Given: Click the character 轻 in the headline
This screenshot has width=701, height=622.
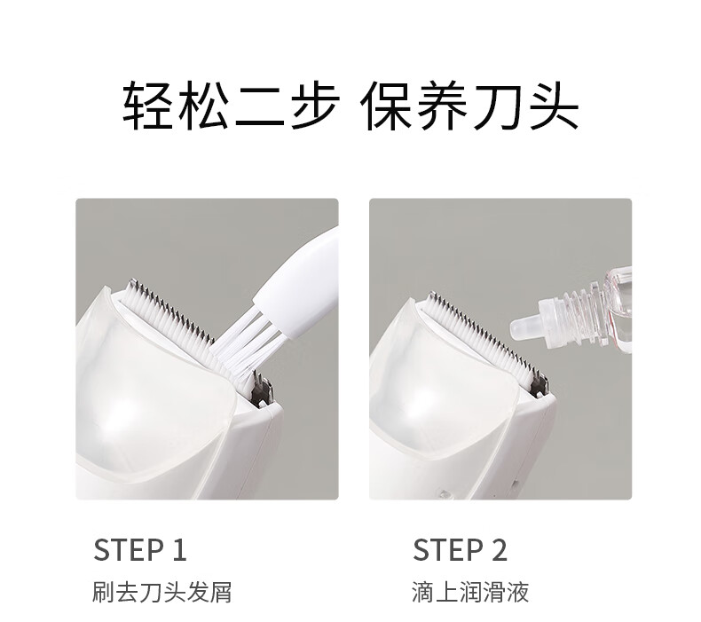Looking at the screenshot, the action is tap(148, 106).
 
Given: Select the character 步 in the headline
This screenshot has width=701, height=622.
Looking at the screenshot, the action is tap(314, 106).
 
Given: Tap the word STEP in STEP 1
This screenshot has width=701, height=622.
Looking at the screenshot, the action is tap(129, 550).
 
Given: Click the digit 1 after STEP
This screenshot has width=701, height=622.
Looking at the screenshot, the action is tap(179, 550).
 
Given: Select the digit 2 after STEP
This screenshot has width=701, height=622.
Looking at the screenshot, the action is tap(500, 550).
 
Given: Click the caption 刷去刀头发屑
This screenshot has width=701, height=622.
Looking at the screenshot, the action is tap(162, 593).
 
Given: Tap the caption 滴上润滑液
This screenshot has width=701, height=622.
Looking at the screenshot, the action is tap(470, 593).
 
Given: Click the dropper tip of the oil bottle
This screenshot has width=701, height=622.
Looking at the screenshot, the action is tap(524, 327).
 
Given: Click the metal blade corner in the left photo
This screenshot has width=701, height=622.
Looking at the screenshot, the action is tap(261, 389).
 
